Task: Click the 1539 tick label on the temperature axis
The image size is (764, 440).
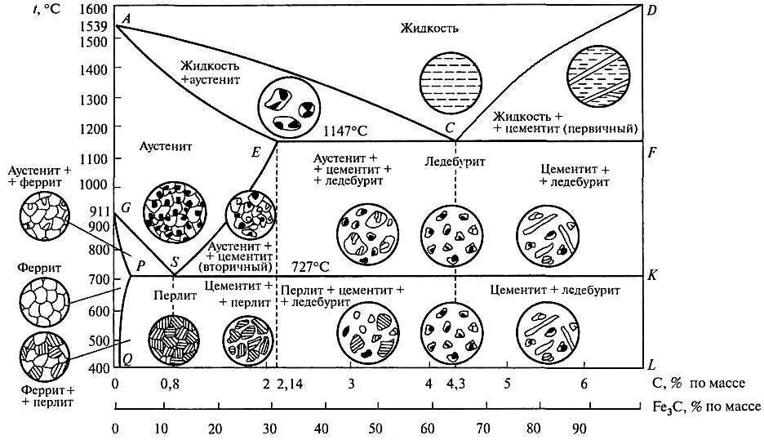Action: (95, 27)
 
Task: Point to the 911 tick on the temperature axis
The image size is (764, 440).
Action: (99, 210)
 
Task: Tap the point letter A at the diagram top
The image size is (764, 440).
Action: (125, 19)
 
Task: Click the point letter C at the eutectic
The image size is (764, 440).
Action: (449, 128)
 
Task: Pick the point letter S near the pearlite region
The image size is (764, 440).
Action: (174, 264)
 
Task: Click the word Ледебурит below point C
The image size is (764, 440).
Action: (455, 162)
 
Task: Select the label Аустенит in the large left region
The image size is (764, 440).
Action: (167, 149)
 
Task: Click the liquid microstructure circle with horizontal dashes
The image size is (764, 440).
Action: (447, 81)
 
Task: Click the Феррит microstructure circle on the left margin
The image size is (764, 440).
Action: (44, 302)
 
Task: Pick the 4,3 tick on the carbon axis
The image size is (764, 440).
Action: (455, 384)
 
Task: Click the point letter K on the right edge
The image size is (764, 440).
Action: (652, 275)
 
